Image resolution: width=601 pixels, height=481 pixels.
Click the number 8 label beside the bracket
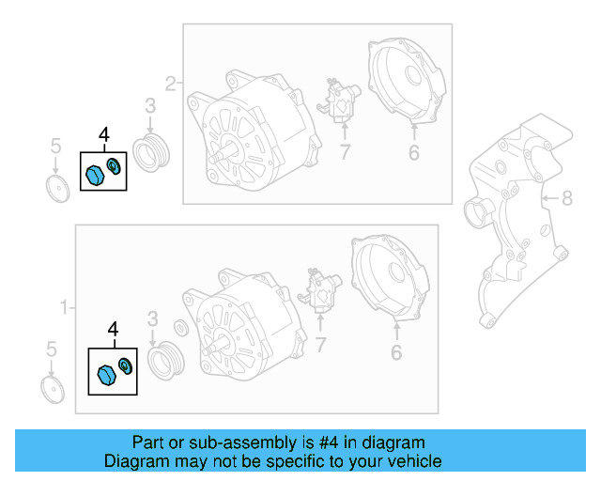coord(566,198)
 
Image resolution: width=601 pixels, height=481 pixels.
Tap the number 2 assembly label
coord(171,84)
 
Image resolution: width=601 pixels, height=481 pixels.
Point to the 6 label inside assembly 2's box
coord(413,152)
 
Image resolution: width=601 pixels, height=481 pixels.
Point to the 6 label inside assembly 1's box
coord(396,352)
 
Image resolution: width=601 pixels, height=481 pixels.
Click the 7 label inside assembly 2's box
coord(345,152)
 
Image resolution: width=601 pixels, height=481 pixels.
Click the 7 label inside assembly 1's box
coord(320,346)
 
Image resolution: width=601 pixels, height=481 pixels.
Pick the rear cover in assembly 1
coord(393,279)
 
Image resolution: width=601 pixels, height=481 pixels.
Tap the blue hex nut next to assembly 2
coord(94,174)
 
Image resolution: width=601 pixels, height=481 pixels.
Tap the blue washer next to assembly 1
coord(125,365)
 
